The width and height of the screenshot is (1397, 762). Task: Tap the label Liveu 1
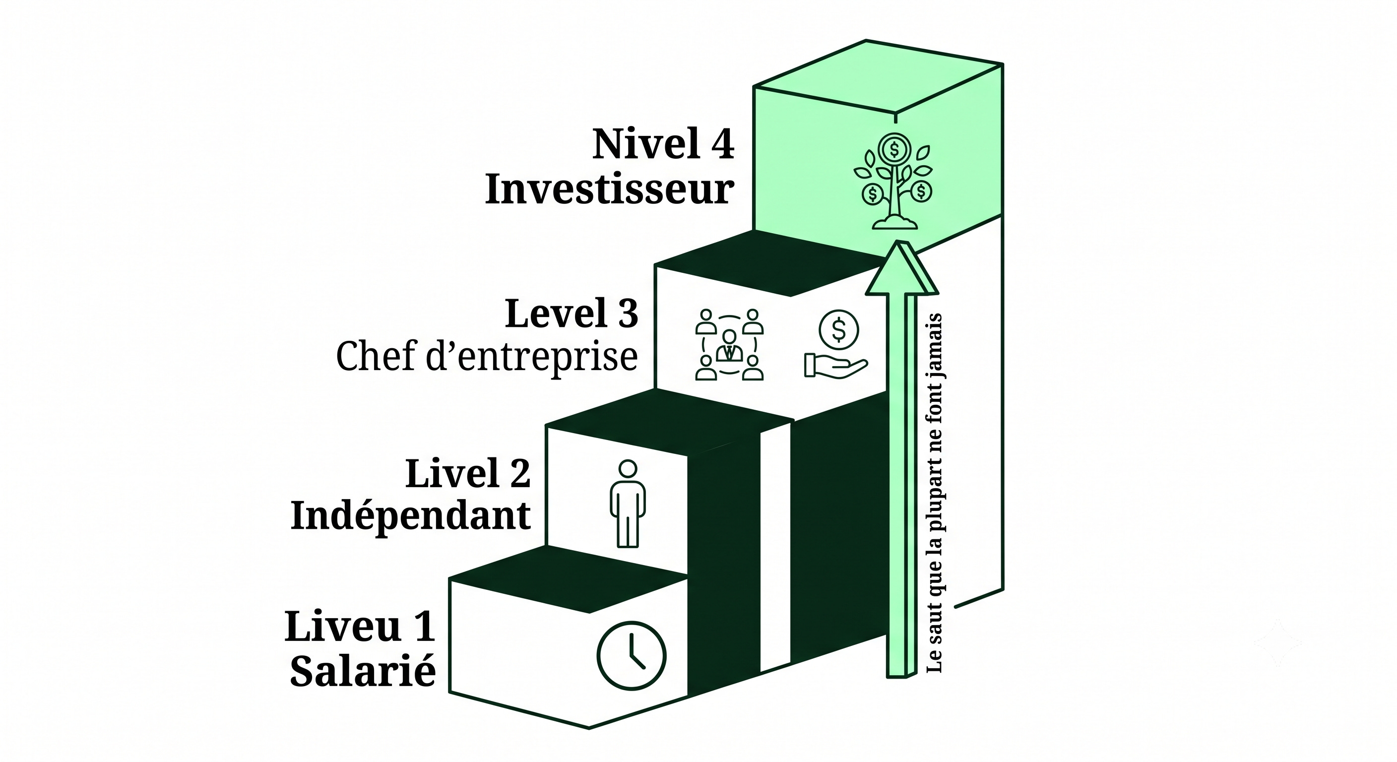360,626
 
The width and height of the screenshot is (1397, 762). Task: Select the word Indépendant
411,517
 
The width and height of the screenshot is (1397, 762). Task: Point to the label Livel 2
468,473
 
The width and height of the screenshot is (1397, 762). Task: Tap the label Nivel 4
663,144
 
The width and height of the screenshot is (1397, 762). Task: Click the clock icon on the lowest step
632,655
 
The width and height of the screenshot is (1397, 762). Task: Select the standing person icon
628,504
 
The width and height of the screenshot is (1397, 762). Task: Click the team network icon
729,344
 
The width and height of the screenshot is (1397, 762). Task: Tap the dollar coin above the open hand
839,329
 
